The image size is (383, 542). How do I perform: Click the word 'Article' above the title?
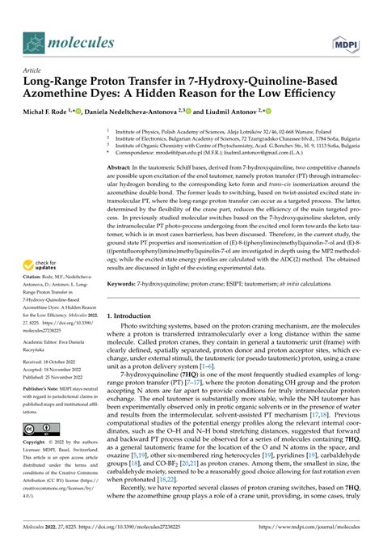click(x=33, y=71)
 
